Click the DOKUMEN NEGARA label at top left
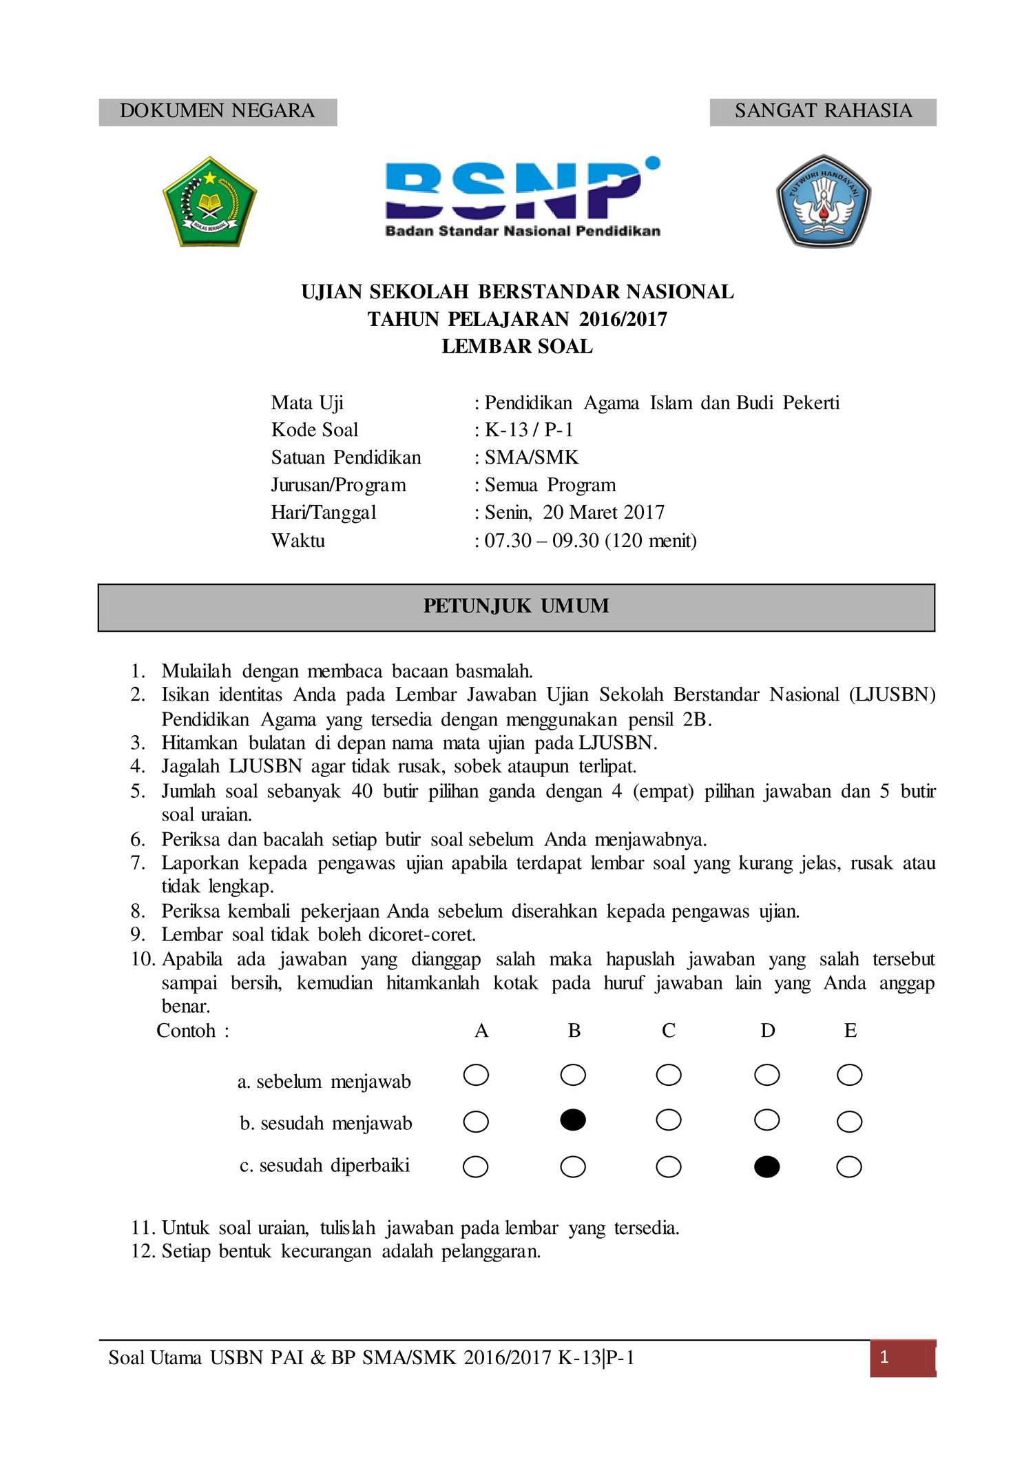217,111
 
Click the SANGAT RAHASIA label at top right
823,111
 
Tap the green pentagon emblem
209,200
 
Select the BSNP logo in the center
522,197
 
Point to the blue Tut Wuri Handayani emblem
823,200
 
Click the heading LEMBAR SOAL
517,347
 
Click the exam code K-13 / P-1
529,430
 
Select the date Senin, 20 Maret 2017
574,513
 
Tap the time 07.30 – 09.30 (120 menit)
590,540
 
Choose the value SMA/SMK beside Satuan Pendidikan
532,457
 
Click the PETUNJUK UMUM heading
516,606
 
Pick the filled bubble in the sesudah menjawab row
573,1121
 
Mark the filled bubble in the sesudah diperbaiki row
766,1166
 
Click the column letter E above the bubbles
850,1031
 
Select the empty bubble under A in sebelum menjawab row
476,1075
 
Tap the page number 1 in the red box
885,1358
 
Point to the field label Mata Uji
307,402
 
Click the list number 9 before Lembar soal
138,935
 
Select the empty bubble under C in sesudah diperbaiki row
668,1166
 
